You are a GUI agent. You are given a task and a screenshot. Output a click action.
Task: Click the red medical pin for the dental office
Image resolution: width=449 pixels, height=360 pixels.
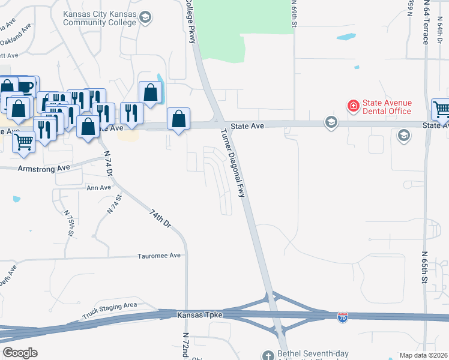[354, 106]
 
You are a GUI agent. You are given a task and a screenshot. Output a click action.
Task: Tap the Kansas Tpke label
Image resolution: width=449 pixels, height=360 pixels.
[200, 315]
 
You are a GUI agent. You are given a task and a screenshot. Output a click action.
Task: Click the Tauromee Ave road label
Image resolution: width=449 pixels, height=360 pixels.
[159, 255]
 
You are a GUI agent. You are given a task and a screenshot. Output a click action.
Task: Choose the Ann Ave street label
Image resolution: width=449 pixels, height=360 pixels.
[99, 188]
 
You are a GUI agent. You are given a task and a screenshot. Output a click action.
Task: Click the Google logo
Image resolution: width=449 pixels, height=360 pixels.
[19, 353]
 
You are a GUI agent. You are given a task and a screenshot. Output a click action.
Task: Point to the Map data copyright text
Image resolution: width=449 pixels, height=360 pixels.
[423, 355]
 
